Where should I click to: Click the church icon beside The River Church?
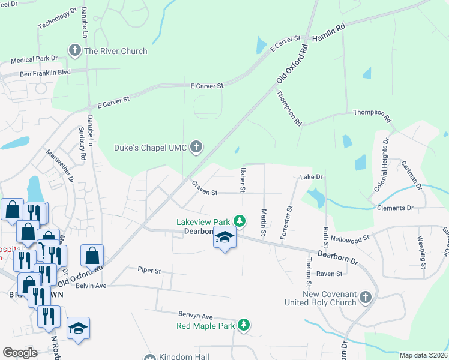tap(75, 50)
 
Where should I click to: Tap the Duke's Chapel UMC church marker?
tap(196, 146)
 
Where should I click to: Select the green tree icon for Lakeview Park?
tap(240, 221)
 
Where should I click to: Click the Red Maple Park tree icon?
tap(244, 325)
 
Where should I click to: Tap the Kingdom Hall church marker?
tap(149, 358)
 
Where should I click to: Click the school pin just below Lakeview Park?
tap(224, 239)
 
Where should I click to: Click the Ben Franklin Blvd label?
tap(45, 73)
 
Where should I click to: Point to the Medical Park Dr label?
tap(34, 59)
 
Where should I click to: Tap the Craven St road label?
tap(204, 189)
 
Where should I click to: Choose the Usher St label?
tap(243, 180)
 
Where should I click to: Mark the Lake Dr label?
tap(312, 177)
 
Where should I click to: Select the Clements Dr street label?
tap(395, 208)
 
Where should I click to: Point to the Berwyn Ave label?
tap(195, 316)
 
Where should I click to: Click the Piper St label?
tap(149, 271)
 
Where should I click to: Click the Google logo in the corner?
tap(20, 353)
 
